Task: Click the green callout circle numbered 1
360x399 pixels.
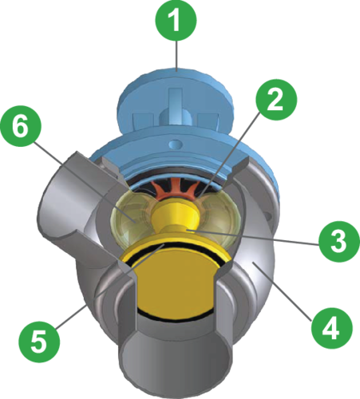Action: click(176, 20)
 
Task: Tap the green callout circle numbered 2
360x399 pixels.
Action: click(276, 100)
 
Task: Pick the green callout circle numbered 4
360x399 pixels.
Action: click(332, 328)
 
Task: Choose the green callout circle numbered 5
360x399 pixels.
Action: click(39, 342)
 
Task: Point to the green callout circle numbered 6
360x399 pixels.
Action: click(21, 126)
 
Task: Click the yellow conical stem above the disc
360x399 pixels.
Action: click(176, 215)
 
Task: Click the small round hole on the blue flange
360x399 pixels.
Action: click(176, 144)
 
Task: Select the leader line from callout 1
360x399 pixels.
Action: click(176, 56)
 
